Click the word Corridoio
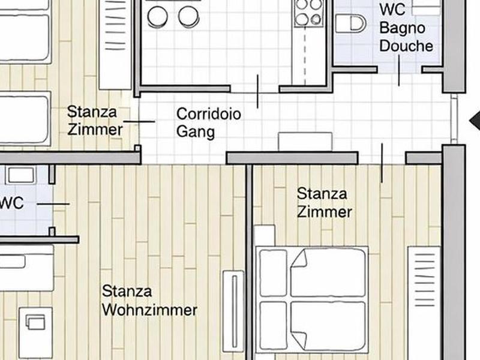(208, 114)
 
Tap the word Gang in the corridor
(196, 132)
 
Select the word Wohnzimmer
(149, 310)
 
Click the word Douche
(406, 46)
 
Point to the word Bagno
(402, 28)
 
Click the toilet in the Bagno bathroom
(351, 23)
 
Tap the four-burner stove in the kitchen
(308, 12)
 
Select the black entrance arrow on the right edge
(475, 121)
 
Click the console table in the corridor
(305, 142)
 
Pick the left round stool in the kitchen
(157, 17)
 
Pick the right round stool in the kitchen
(188, 17)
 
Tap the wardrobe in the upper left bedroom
(115, 44)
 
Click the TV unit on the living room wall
(233, 311)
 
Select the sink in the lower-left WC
(20, 175)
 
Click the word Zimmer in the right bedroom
(325, 212)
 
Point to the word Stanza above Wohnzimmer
(127, 291)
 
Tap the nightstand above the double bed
(265, 235)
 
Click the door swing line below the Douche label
(399, 70)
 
